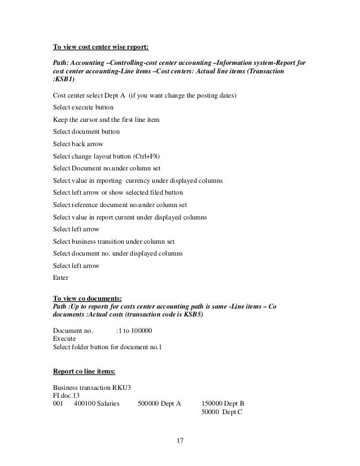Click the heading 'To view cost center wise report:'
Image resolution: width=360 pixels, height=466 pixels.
pos(101,46)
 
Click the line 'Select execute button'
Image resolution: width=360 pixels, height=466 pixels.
pos(83,107)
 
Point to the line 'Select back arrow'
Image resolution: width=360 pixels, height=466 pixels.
pos(78,144)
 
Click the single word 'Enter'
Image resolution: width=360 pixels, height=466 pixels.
pos(60,278)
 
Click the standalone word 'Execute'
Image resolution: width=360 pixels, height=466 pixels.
pos(65,338)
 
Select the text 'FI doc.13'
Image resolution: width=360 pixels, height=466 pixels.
pos(67,396)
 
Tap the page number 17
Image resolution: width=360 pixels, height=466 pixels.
pos(181,440)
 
